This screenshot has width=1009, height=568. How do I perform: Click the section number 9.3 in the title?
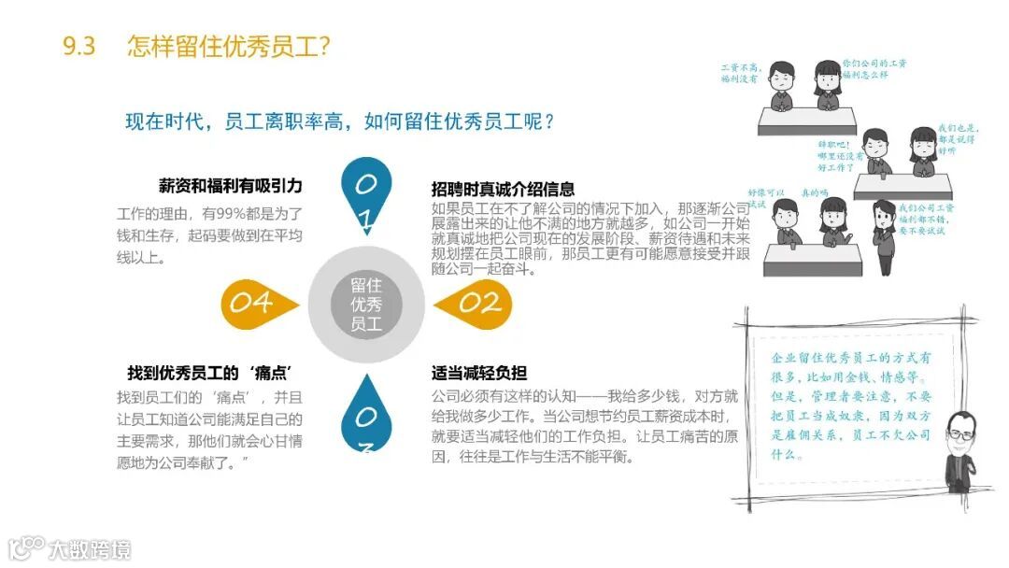click(x=79, y=46)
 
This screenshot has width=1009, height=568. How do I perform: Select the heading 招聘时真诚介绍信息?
click(x=503, y=189)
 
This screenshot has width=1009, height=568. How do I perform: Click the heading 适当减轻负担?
click(x=476, y=372)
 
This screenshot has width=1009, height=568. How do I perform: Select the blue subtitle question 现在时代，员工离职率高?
click(x=341, y=121)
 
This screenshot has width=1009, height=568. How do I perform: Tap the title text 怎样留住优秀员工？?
click(x=229, y=46)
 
